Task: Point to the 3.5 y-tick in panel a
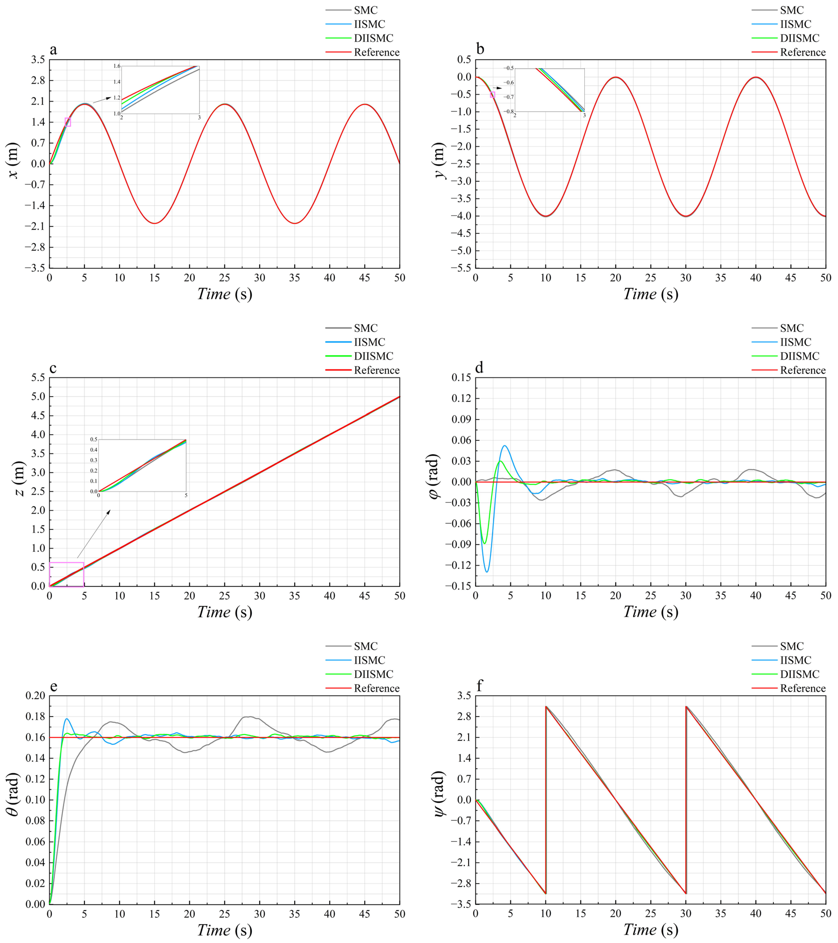click(38, 60)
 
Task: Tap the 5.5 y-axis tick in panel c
click(38, 378)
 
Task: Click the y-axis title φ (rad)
click(435, 482)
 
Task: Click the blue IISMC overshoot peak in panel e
click(67, 718)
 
